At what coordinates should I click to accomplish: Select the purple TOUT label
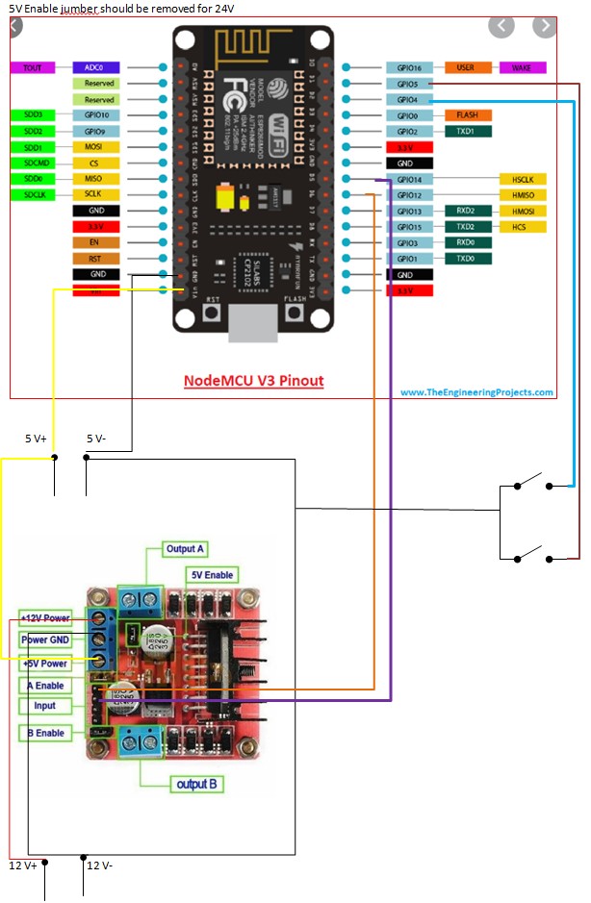click(x=33, y=68)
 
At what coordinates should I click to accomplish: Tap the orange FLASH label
click(x=467, y=115)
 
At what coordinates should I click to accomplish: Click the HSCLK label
click(x=523, y=180)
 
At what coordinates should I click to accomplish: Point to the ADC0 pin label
click(x=95, y=68)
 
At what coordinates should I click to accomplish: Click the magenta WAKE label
click(x=523, y=68)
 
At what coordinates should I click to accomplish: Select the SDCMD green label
click(x=33, y=163)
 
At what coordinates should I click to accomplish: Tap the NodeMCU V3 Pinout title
click(x=253, y=381)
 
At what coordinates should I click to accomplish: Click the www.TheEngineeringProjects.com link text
click(x=476, y=392)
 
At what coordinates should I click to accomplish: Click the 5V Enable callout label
click(x=212, y=575)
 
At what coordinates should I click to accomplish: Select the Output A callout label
click(x=185, y=549)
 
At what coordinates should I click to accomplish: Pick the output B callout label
click(x=196, y=784)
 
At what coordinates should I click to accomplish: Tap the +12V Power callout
click(x=44, y=618)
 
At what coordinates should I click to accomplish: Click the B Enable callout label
click(x=44, y=733)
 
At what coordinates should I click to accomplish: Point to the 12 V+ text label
click(x=23, y=865)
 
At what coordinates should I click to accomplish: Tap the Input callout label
click(x=44, y=705)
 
